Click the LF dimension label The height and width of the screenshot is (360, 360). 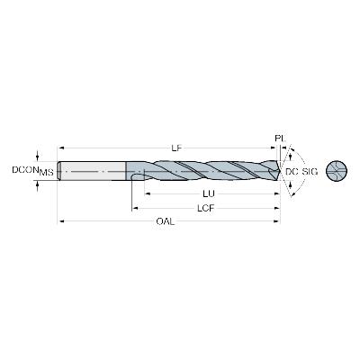pyautogui.click(x=177, y=148)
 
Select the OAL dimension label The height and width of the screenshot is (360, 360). pyautogui.click(x=166, y=221)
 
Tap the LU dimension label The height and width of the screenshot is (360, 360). pyautogui.click(x=209, y=194)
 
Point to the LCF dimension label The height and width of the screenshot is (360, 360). pyautogui.click(x=206, y=208)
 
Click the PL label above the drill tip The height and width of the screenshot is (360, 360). pyautogui.click(x=280, y=139)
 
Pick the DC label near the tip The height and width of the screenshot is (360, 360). pyautogui.click(x=292, y=172)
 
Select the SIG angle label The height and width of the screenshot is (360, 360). pyautogui.click(x=309, y=172)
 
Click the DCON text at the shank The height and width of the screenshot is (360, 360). pyautogui.click(x=25, y=170)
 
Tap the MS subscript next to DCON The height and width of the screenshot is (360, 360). pyautogui.click(x=47, y=173)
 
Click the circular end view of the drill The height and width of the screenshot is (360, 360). pyautogui.click(x=337, y=171)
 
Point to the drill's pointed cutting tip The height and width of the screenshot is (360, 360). pyautogui.click(x=280, y=171)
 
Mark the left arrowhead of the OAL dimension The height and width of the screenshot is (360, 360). pyautogui.click(x=60, y=221)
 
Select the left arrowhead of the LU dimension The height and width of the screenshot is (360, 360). pyautogui.click(x=148, y=194)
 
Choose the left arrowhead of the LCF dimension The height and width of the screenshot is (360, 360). pyautogui.click(x=135, y=208)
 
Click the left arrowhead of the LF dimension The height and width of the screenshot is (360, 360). pyautogui.click(x=60, y=148)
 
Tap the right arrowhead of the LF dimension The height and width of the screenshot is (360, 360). pyautogui.click(x=274, y=148)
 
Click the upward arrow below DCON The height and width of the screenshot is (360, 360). pyautogui.click(x=37, y=185)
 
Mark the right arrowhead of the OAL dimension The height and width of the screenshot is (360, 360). pyautogui.click(x=277, y=221)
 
